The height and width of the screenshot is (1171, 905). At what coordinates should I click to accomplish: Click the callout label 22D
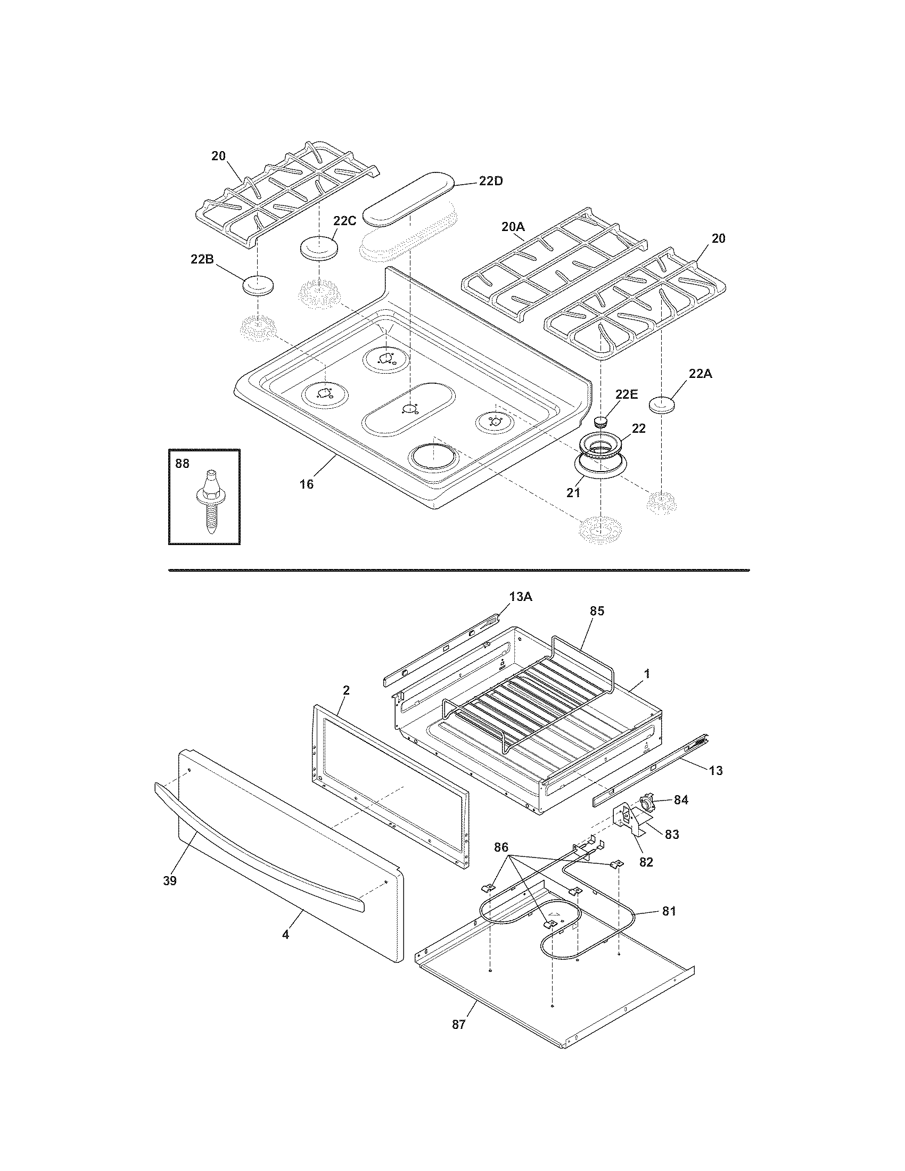point(491,181)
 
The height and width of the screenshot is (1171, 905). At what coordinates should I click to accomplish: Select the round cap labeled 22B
point(258,285)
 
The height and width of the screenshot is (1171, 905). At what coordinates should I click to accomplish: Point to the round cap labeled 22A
point(663,405)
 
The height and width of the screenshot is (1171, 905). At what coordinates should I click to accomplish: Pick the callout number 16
point(306,484)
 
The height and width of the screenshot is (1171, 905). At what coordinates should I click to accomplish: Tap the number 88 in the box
point(182,464)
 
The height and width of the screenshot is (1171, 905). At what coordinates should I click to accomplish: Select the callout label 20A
point(513,227)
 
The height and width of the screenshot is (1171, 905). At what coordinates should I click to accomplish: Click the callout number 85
point(597,611)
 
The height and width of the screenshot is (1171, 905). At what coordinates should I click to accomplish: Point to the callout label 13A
point(521,597)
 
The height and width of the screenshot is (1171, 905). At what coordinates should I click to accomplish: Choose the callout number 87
point(458,1025)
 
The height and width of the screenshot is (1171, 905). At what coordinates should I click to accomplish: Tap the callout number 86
point(501,848)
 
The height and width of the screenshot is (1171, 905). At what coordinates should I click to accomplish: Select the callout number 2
point(346,690)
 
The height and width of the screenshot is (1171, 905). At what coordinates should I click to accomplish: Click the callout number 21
point(574,492)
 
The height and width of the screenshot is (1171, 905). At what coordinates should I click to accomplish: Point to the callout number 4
point(285,935)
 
